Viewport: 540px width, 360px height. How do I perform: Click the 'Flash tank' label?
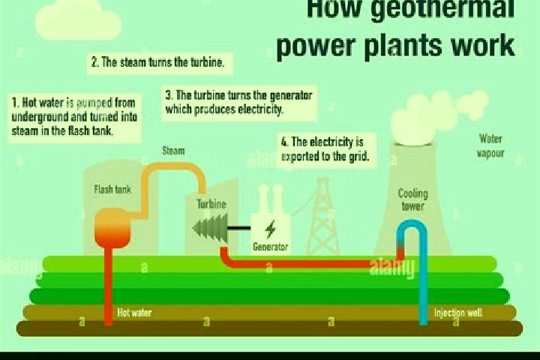point(112,189)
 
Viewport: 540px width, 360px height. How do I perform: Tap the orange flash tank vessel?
point(112,228)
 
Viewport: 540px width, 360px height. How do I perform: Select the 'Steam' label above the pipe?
point(173,151)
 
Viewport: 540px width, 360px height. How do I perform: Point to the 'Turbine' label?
point(211,204)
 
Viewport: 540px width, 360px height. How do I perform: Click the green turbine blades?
point(211,228)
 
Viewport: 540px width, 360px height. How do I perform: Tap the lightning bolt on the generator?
point(271,229)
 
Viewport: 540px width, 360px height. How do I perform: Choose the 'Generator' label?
point(270,247)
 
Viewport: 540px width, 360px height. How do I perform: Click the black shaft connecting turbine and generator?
point(239,228)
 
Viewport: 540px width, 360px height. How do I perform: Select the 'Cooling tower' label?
point(413,199)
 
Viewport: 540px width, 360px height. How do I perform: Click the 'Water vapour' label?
point(490,146)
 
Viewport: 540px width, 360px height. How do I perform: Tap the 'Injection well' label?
point(458,313)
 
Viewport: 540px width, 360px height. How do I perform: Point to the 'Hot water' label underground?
point(134,313)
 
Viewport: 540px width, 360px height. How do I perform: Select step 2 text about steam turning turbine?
point(158,62)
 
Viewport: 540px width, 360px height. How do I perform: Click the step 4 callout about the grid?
point(325,149)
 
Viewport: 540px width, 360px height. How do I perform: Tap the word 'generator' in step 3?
point(289,95)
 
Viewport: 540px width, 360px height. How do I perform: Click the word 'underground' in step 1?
point(40,117)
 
